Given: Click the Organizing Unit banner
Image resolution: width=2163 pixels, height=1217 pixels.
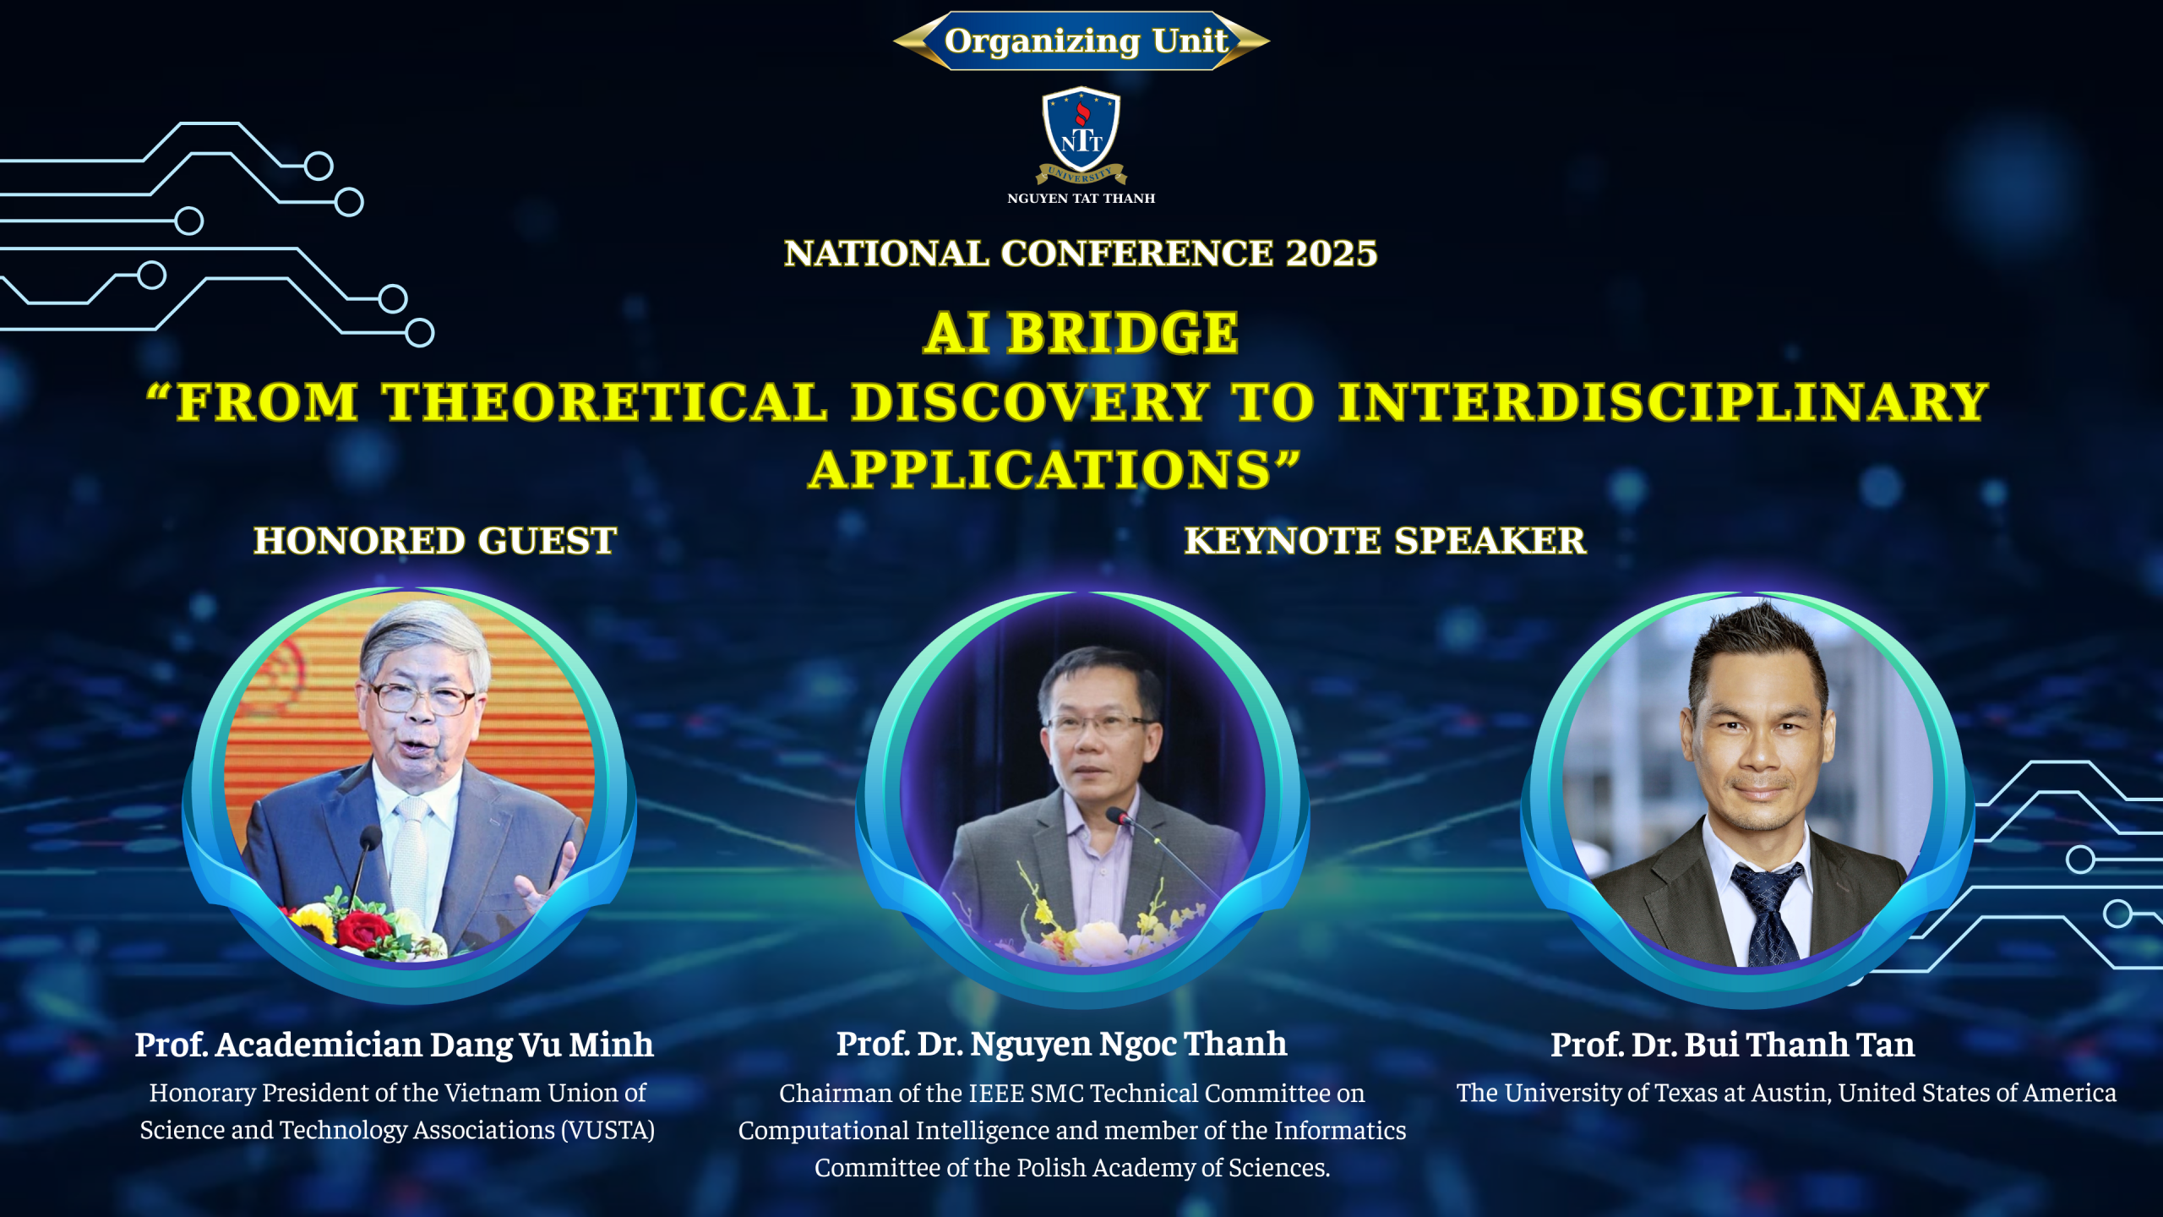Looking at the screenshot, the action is (1081, 41).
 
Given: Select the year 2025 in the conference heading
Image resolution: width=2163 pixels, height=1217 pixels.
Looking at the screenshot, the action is (1332, 254).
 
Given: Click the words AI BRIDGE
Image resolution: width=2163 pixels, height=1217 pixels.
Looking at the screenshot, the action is (1081, 333).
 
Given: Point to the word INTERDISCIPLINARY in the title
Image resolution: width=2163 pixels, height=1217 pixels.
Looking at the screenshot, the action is (1664, 401).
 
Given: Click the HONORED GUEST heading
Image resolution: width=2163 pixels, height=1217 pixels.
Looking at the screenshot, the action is (435, 541).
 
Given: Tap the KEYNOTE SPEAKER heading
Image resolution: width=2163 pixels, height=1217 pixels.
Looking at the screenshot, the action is (1386, 541).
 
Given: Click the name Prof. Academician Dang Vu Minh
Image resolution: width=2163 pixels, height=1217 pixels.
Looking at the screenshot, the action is (395, 1045).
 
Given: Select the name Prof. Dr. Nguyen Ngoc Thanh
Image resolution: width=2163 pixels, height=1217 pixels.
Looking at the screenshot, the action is (1062, 1045).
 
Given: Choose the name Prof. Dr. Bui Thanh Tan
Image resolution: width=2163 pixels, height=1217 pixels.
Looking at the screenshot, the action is (1733, 1045).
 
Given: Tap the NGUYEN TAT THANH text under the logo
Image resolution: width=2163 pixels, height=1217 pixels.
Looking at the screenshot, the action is (1081, 199).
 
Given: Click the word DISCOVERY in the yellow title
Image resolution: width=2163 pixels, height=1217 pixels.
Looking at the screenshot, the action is (1030, 401).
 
